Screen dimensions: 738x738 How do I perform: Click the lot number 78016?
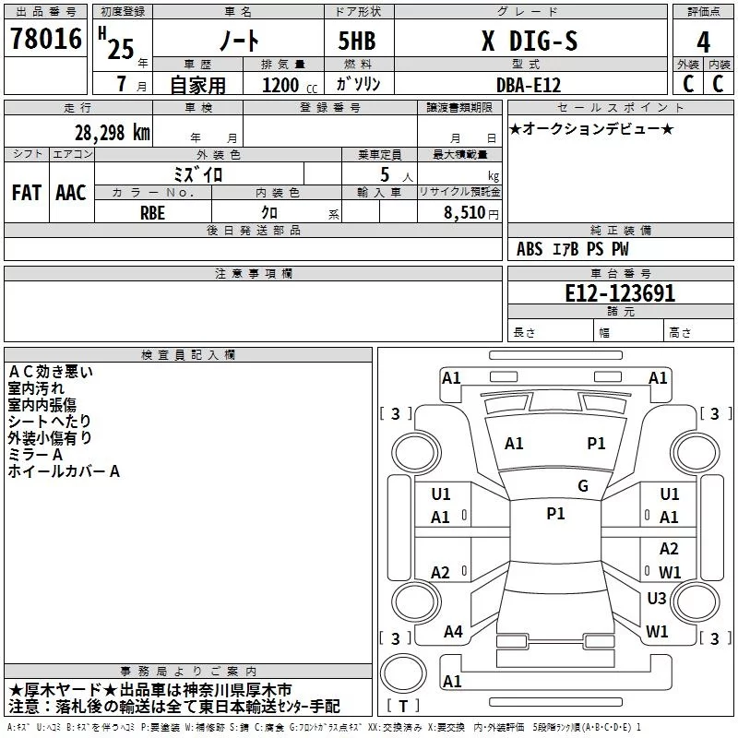46,39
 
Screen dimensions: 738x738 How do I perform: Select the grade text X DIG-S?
530,41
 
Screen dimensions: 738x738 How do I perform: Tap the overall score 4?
703,42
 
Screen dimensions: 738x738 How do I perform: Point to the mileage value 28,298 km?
113,133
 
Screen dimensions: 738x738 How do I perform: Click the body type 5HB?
357,41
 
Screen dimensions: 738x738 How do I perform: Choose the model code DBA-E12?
529,85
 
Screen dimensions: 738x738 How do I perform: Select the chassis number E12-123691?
620,293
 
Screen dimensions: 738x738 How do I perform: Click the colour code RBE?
152,213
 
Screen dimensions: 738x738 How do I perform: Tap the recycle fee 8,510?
465,213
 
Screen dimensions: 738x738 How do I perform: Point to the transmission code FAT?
27,193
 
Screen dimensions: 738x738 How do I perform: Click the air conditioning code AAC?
71,193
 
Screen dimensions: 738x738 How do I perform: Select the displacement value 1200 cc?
290,85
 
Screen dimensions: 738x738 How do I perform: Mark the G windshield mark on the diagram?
583,486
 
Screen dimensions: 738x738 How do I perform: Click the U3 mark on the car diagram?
657,598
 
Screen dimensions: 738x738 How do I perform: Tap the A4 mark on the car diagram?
453,632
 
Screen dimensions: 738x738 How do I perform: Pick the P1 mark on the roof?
555,514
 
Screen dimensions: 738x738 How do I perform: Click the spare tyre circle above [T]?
403,673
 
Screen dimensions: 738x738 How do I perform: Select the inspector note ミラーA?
35,455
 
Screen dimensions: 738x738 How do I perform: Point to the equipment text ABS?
530,249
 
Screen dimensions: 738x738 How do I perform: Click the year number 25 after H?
121,49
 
